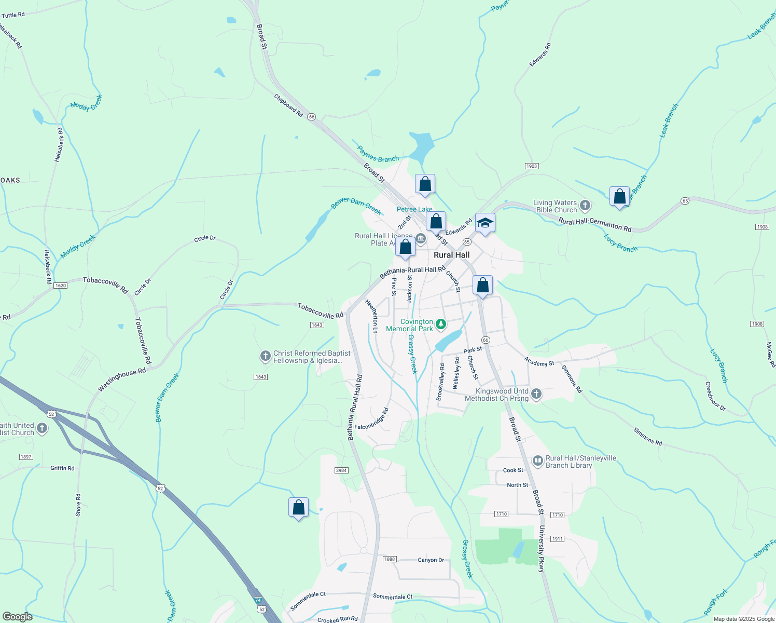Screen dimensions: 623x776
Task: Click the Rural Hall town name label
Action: pos(451,255)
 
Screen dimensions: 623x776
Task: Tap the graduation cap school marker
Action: pos(485,223)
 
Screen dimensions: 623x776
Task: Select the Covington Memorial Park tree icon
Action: pos(441,324)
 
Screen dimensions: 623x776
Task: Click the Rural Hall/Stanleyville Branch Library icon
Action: pos(537,461)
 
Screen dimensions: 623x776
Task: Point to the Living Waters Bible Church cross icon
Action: pos(585,206)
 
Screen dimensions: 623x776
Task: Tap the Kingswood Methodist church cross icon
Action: pos(536,394)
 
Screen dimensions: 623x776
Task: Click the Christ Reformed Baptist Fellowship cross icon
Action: pos(265,356)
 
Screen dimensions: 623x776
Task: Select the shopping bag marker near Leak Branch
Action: pos(619,197)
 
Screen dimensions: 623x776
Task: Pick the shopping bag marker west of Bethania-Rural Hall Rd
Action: pos(298,508)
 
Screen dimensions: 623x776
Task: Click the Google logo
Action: pos(17,617)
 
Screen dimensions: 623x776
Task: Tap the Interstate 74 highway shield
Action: pos(259,600)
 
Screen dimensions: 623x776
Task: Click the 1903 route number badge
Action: pos(531,166)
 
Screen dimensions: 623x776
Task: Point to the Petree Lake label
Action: pos(414,209)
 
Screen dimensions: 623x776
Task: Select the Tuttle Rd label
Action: pos(13,15)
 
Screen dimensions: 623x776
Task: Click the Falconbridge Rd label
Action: pos(372,419)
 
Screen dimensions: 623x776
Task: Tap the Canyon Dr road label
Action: pos(431,560)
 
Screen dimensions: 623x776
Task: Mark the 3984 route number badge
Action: pos(341,470)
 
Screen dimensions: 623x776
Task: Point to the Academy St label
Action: pos(539,361)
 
